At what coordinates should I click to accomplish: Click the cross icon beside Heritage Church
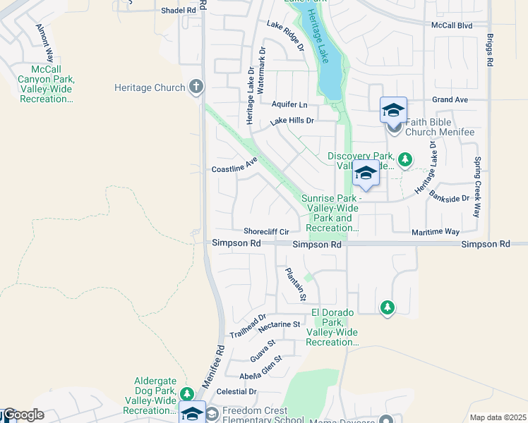pos(196,87)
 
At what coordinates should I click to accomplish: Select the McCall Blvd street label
pos(452,25)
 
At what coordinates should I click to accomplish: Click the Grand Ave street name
pos(450,100)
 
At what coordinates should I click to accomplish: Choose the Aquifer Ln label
pos(289,104)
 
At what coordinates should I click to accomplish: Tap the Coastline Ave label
pos(235,168)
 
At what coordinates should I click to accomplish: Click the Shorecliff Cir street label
pos(266,231)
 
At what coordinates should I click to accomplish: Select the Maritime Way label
pos(436,231)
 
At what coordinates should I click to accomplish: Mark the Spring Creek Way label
pos(478,186)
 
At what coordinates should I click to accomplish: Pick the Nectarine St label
pos(280,325)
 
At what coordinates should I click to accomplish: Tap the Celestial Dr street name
pos(237,391)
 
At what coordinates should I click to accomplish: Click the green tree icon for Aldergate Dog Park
pos(186,393)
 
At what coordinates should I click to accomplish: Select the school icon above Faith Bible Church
pos(393,110)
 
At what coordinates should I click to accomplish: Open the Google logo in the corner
pos(23,415)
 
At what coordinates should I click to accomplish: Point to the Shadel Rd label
pos(179,11)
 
